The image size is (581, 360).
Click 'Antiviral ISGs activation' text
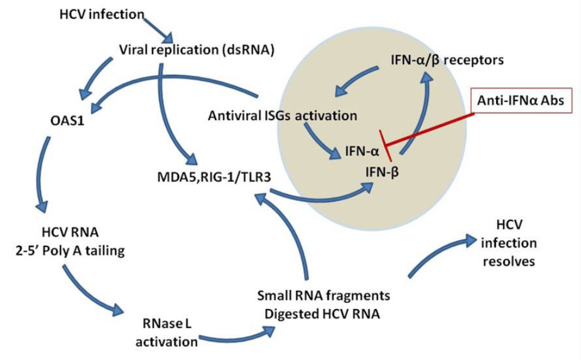(x=282, y=116)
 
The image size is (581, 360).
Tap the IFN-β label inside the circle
(x=380, y=170)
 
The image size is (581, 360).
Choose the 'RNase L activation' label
(x=168, y=332)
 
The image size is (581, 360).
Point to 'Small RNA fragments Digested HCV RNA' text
(x=323, y=304)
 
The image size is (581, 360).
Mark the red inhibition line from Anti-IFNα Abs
(x=433, y=130)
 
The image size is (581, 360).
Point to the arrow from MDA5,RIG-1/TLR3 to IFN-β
(x=314, y=199)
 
